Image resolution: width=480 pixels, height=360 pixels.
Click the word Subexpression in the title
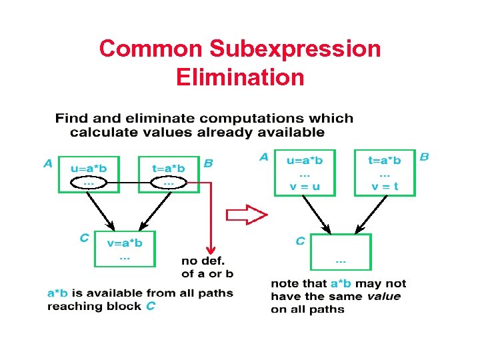point(295,49)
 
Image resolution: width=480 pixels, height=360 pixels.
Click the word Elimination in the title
point(240,77)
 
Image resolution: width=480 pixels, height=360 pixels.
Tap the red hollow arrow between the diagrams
point(246,215)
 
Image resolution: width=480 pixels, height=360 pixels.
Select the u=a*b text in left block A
point(89,168)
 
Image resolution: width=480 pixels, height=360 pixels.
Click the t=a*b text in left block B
point(169,168)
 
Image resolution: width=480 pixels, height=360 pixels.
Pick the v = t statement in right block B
point(385,186)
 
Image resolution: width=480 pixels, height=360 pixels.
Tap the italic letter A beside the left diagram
point(48,163)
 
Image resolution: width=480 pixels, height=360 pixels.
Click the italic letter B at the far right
point(424,157)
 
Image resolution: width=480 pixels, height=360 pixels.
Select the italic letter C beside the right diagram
point(300,241)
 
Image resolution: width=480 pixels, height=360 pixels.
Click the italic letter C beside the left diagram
point(84,237)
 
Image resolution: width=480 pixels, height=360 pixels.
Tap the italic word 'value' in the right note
point(383,296)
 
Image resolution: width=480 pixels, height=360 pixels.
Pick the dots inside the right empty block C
point(341,261)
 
